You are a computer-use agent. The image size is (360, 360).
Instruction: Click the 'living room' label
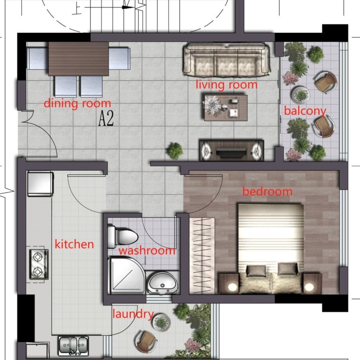pos(226,85)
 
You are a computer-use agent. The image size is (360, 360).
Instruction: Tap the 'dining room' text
pos(78,103)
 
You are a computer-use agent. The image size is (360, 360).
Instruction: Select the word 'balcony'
pos(305,111)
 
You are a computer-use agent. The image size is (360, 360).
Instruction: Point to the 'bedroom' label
pos(268,192)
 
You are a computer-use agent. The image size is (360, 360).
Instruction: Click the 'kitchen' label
pos(74,244)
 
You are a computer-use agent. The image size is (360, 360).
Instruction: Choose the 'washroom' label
pos(147,251)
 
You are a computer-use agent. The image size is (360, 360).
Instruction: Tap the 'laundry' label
pos(133,314)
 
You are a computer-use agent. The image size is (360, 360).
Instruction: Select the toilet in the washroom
pos(123,237)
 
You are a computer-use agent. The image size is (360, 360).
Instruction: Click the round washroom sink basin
pos(162,283)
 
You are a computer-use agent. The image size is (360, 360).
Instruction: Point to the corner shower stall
pos(126,275)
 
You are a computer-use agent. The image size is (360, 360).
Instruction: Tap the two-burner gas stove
pos(39,264)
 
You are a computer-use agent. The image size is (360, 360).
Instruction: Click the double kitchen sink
pos(73,346)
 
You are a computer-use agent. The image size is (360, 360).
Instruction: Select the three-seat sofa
pos(226,60)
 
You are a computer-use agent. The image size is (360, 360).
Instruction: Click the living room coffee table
pos(226,108)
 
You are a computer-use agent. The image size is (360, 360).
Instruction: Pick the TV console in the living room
pos(231,150)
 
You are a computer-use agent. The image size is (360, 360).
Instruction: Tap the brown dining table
pos(78,59)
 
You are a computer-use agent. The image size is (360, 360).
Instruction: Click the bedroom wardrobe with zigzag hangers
pos(202,256)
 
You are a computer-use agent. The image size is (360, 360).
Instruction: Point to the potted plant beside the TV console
pos(175,151)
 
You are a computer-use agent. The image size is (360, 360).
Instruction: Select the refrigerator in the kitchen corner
pos(41,184)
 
